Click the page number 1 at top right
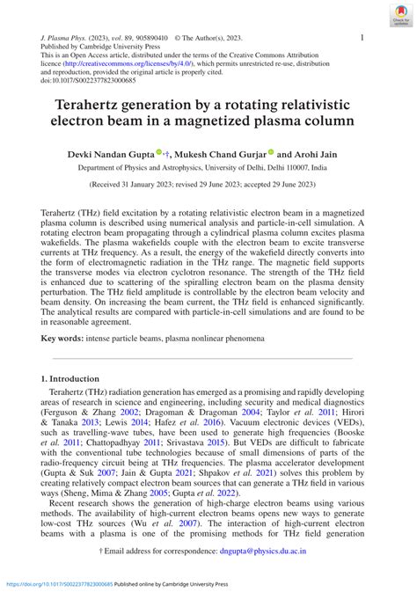(362, 38)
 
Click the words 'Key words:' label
(66, 338)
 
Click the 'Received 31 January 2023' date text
(131, 186)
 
